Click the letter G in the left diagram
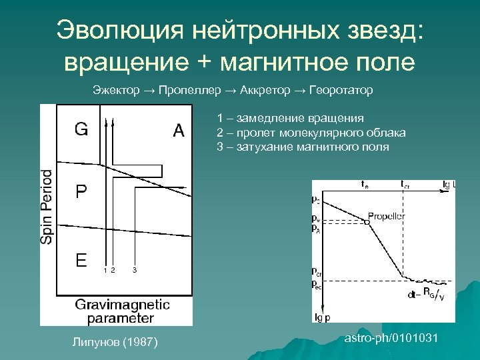pyautogui.click(x=81, y=129)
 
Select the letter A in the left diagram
pyautogui.click(x=178, y=131)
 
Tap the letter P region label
pyautogui.click(x=80, y=193)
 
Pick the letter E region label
pyautogui.click(x=81, y=260)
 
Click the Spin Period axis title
pyautogui.click(x=47, y=206)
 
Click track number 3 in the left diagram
pyautogui.click(x=135, y=270)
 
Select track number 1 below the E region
pyautogui.click(x=105, y=270)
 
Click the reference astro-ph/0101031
pyautogui.click(x=391, y=339)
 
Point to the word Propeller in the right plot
pyautogui.click(x=386, y=216)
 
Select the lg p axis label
pyautogui.click(x=323, y=317)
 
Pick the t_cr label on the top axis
pyautogui.click(x=405, y=183)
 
